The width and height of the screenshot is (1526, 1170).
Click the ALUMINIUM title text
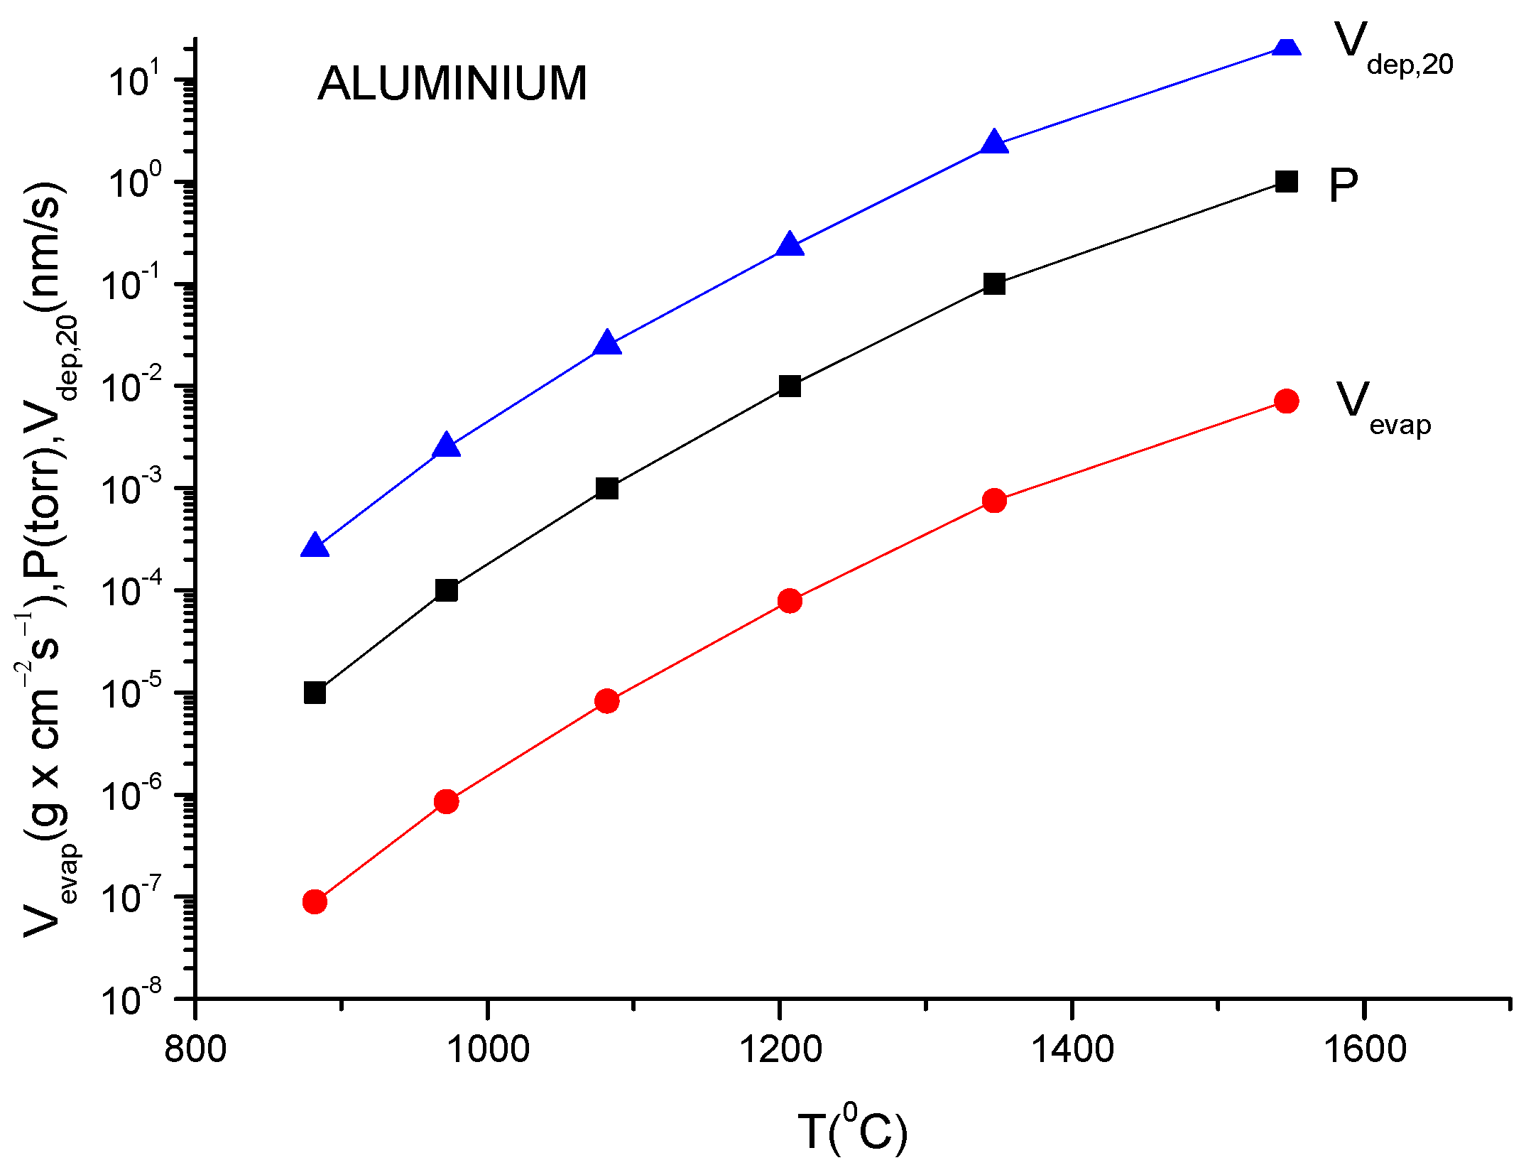(x=452, y=84)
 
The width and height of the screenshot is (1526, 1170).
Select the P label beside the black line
(x=1343, y=186)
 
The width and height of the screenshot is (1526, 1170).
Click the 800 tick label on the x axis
(x=195, y=1049)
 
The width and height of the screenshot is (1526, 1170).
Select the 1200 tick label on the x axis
(x=780, y=1049)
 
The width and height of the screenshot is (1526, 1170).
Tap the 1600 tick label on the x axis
(x=1364, y=1049)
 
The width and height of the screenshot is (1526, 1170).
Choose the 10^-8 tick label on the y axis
(x=131, y=998)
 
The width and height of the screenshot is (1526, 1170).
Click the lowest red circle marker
(x=315, y=901)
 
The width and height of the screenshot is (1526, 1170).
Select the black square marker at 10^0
(x=1286, y=182)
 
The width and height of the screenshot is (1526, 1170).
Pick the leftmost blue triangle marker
(x=315, y=546)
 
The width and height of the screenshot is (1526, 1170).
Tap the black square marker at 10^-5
(x=315, y=693)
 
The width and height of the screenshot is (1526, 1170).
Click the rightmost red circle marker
(x=1286, y=401)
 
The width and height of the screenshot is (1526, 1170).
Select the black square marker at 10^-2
(x=789, y=386)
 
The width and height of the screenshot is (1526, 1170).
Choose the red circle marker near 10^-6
(x=446, y=801)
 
